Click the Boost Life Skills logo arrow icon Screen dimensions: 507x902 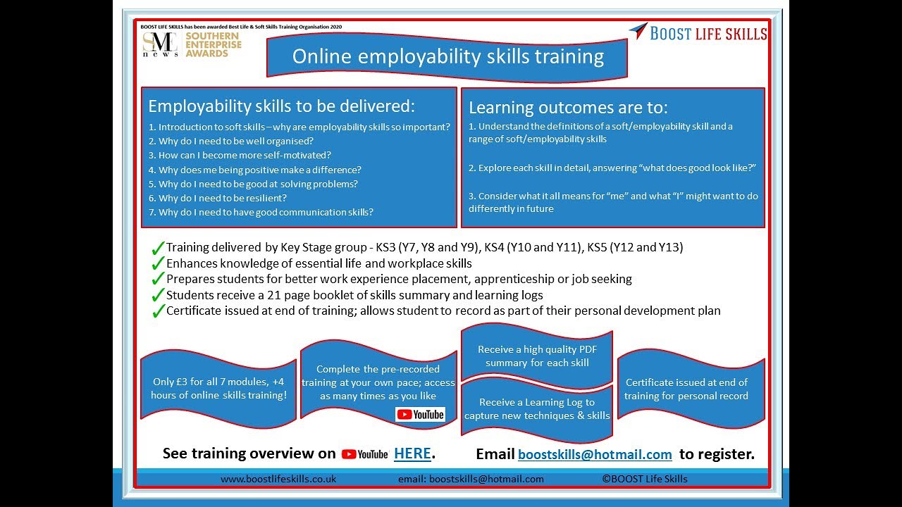[638, 30]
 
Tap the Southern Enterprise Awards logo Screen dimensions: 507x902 [192, 44]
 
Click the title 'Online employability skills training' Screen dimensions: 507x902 [447, 56]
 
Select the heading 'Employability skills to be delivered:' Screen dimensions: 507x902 [282, 106]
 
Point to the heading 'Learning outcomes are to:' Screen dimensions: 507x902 [568, 108]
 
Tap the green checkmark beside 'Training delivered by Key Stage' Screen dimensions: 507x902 [158, 248]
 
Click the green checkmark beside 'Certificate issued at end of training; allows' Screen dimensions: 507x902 [158, 311]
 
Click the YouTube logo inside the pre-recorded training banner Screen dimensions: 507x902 [421, 414]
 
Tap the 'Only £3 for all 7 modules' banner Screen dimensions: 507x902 [218, 389]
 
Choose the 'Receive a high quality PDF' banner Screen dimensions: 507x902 [536, 356]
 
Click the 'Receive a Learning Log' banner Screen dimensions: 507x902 [536, 409]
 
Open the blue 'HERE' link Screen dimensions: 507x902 [412, 454]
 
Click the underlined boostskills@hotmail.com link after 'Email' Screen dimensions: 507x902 [595, 455]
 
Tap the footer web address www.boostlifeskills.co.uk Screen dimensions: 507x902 [278, 479]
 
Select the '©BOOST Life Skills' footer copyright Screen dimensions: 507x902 [644, 479]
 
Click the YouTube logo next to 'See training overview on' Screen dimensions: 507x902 [365, 455]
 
